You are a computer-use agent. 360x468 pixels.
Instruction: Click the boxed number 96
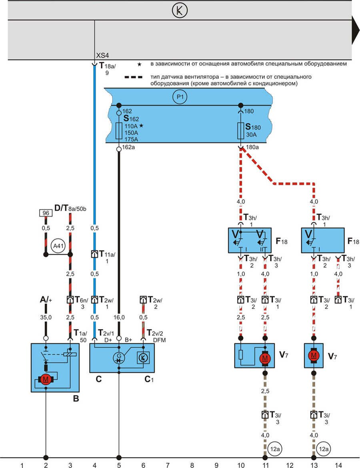pyautogui.click(x=46, y=213)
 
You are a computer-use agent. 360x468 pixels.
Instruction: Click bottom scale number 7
pyautogui.click(x=168, y=465)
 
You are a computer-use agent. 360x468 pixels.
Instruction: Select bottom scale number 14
pyautogui.click(x=338, y=465)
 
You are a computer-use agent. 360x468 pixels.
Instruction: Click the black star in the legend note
pyautogui.click(x=140, y=64)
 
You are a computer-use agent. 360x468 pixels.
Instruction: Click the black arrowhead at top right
pyautogui.click(x=355, y=31)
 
